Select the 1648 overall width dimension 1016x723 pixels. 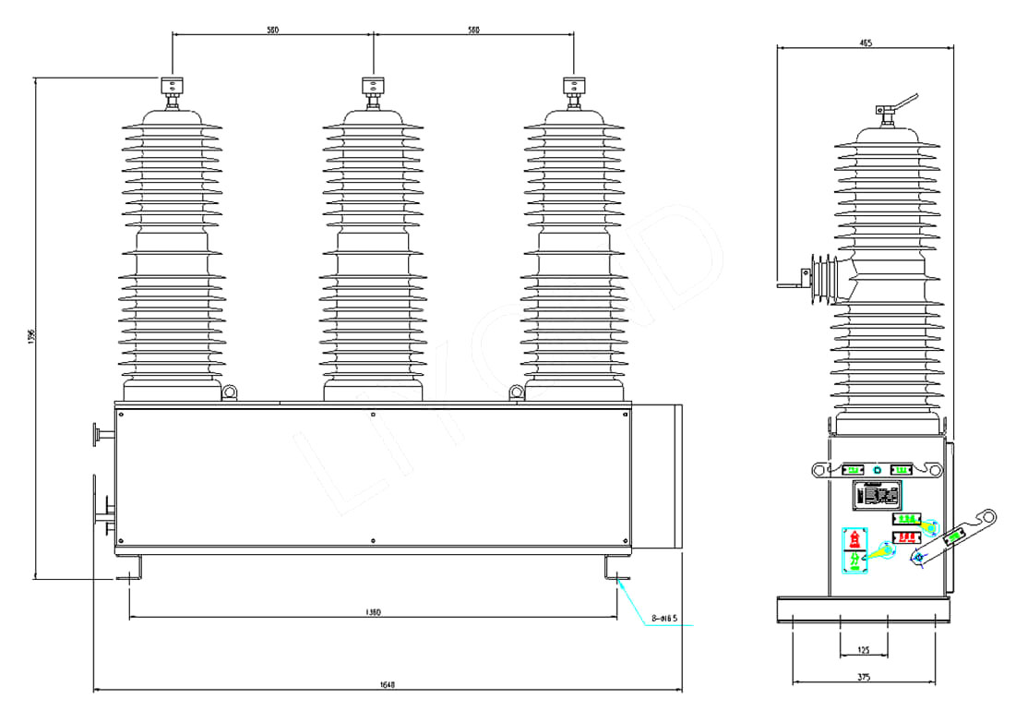pos(388,684)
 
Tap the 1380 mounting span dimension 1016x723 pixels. pos(374,611)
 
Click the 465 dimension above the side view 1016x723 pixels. pos(865,42)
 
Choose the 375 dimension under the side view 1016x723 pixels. pos(864,678)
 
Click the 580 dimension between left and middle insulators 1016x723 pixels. pos(273,30)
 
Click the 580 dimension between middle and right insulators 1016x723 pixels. pos(473,30)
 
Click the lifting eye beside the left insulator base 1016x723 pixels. pos(231,393)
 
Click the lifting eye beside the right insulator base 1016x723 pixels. pos(516,393)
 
